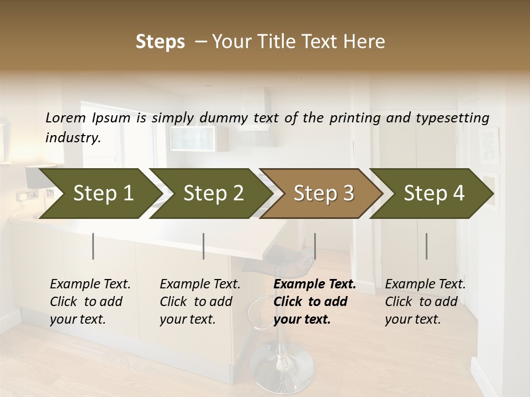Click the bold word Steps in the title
pos(160,42)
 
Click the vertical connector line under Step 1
pos(93,246)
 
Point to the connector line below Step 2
pos(204,246)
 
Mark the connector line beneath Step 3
pos(315,246)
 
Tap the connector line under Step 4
pos(426,246)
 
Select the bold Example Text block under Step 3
pos(315,302)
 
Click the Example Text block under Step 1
pos(90,302)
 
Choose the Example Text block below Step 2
pos(200,302)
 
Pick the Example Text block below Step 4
pos(425,302)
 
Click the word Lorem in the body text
pos(65,117)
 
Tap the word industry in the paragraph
pos(72,138)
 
